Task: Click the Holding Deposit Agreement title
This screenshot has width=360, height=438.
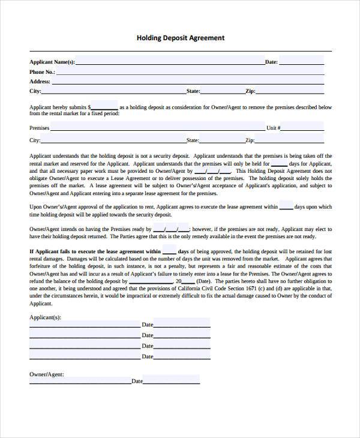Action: pos(181,38)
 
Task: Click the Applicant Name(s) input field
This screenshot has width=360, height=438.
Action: pos(170,61)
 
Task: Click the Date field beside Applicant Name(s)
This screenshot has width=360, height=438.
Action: pos(301,61)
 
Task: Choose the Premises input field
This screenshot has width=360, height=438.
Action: pos(157,127)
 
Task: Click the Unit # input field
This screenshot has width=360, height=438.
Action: pos(302,127)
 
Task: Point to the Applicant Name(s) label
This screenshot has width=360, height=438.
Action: pos(52,62)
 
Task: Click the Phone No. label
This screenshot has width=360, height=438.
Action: pos(42,72)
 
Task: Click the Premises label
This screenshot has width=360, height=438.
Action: pos(39,128)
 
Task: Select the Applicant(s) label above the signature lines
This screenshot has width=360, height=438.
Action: pos(46,317)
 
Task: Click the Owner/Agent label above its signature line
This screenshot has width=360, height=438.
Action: pos(47,374)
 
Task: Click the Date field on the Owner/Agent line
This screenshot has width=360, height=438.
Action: pos(172,380)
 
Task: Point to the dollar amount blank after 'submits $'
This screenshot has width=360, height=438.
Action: pos(105,107)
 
